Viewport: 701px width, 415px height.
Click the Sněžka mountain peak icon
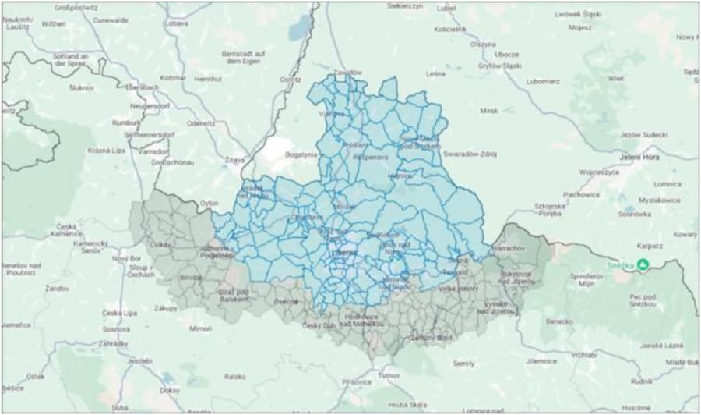[643, 264]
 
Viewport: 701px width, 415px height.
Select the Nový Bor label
[125, 258]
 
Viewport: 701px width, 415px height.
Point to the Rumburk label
[125, 122]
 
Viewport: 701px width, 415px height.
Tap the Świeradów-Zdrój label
[470, 154]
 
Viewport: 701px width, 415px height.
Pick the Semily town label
[463, 364]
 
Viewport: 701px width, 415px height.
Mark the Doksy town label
[169, 390]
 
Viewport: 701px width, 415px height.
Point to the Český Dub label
[319, 325]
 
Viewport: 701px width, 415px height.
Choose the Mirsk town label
[488, 111]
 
